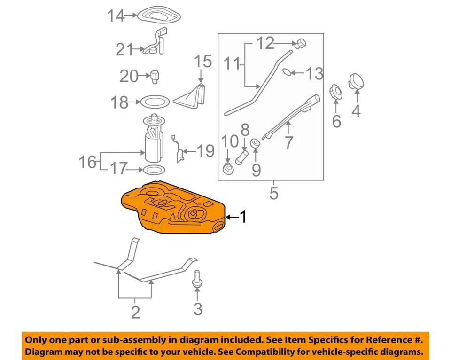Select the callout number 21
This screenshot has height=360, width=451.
tap(125, 49)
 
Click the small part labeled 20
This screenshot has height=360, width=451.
tap(155, 76)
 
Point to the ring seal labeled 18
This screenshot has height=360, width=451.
tap(155, 101)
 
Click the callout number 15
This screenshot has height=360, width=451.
tap(203, 61)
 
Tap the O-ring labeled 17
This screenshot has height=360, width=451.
tap(153, 169)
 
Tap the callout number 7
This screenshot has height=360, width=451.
tap(288, 141)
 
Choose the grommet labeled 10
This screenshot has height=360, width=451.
tap(228, 169)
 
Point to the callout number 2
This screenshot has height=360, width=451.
tap(135, 311)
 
